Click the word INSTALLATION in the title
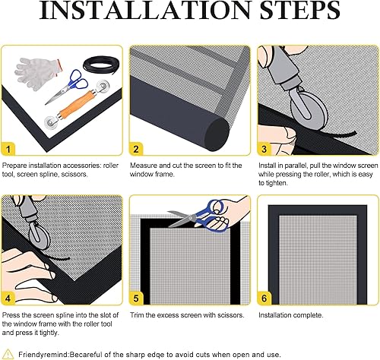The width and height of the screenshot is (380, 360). pyautogui.click(x=145, y=10)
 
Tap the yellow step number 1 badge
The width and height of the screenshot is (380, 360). pyautogui.click(x=8, y=149)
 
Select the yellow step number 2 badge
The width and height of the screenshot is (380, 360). pyautogui.click(x=136, y=149)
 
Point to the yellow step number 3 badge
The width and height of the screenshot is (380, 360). pyautogui.click(x=264, y=149)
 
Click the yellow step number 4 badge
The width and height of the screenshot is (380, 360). pyautogui.click(x=8, y=298)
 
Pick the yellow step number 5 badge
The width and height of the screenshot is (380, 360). pyautogui.click(x=136, y=298)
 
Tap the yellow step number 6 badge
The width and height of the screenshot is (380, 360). pyautogui.click(x=264, y=298)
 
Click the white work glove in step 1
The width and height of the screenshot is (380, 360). pyautogui.click(x=37, y=73)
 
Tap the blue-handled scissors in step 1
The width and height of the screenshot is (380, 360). pyautogui.click(x=68, y=86)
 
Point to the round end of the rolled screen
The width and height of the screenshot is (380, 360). pyautogui.click(x=217, y=134)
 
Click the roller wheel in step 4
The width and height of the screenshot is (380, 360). pyautogui.click(x=39, y=235)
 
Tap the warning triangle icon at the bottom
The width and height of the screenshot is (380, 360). pyautogui.click(x=8, y=354)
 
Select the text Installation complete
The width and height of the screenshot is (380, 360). pyautogui.click(x=291, y=315)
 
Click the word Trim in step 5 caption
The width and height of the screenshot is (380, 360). pyautogui.click(x=137, y=315)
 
